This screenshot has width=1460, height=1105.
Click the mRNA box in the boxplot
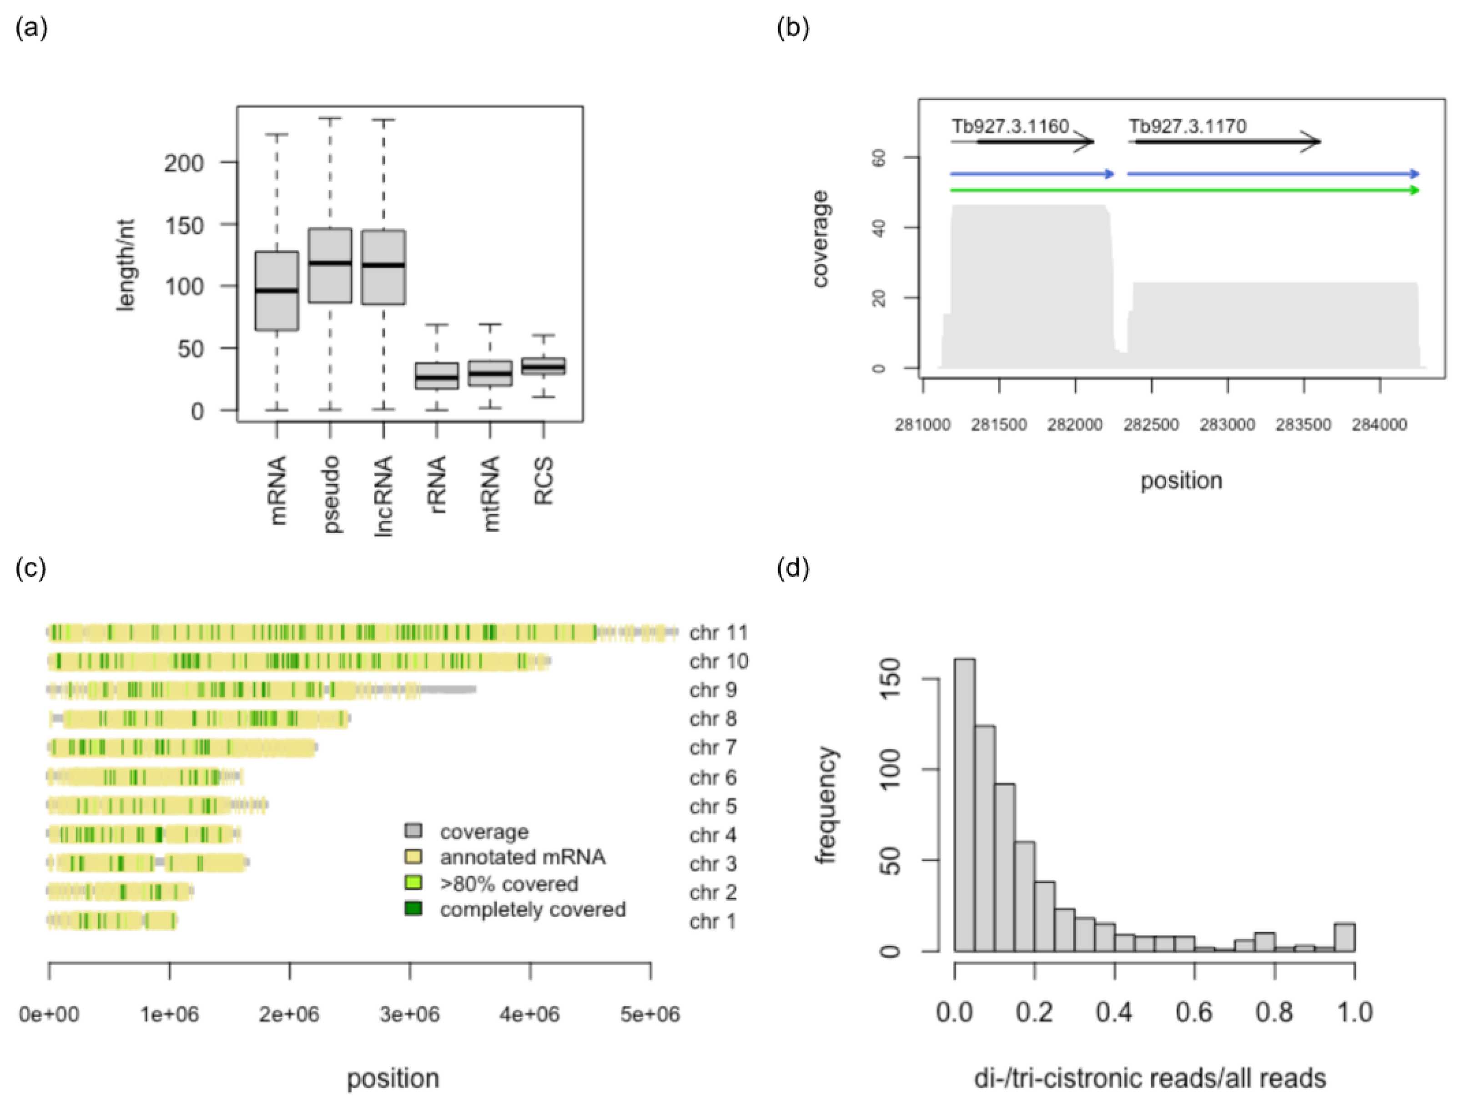click(x=277, y=290)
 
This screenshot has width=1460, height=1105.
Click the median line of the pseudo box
click(x=331, y=263)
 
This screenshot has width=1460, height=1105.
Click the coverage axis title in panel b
click(x=821, y=239)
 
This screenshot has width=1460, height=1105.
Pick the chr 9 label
click(x=713, y=690)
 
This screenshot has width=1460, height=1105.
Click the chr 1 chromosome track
click(x=112, y=920)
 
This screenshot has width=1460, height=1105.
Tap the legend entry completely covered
click(x=533, y=909)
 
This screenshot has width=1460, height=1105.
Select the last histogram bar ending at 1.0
click(x=1344, y=937)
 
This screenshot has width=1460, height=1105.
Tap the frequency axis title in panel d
click(x=826, y=805)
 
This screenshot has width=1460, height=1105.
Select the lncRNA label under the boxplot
click(x=383, y=495)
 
